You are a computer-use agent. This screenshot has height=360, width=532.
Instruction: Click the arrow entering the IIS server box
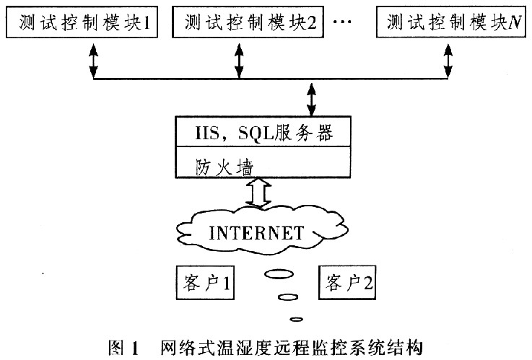(312, 100)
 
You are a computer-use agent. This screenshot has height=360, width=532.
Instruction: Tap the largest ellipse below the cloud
(278, 274)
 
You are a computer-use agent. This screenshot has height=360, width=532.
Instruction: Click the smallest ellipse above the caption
(295, 319)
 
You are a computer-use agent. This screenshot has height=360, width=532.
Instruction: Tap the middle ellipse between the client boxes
(288, 297)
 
